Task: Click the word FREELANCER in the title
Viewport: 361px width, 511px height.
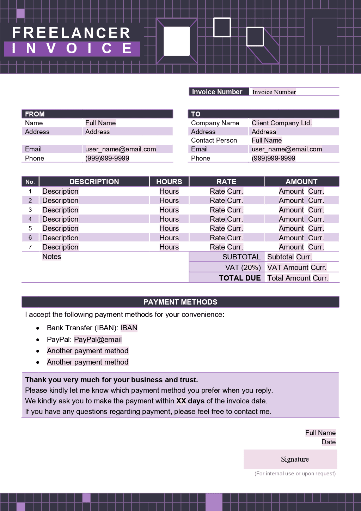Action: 71,33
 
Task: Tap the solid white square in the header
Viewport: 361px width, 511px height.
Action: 177,41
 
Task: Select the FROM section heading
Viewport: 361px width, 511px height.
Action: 35,114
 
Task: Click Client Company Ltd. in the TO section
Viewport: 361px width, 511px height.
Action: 282,123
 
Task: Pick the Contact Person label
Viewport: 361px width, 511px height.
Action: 214,140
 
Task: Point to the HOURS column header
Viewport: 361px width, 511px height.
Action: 169,181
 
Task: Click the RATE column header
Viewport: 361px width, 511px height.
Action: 226,181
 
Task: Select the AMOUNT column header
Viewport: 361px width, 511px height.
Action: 301,181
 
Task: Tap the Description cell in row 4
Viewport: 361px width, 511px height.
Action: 60,219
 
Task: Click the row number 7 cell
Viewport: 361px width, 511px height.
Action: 30,247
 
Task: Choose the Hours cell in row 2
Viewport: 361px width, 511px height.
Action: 169,200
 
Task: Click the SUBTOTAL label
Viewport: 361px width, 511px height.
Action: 241,257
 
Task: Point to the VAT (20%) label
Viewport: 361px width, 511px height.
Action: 243,267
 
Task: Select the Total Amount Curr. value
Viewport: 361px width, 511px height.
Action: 298,278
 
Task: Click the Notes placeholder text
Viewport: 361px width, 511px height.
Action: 52,257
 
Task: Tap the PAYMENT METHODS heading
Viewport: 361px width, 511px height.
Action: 180,302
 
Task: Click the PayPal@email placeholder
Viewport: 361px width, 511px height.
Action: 98,339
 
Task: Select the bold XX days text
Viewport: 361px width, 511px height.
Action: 190,401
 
